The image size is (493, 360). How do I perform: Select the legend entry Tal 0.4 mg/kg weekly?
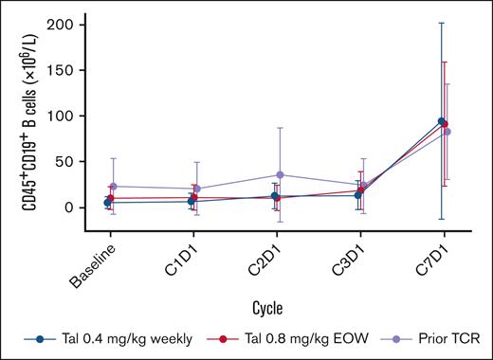click(x=110, y=338)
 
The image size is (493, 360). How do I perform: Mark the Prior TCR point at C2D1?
click(x=281, y=175)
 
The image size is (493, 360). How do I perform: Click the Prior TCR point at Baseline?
click(x=114, y=187)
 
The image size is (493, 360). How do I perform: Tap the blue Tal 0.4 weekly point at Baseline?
click(x=107, y=203)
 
